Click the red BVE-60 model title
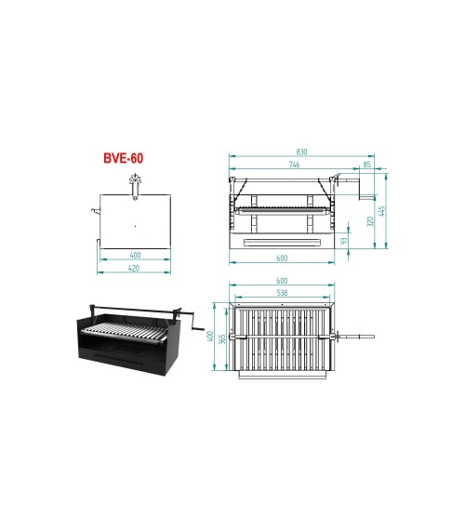[x=123, y=159]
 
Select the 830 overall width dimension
[x=301, y=152]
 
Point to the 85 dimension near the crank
[x=366, y=165]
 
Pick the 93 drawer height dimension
[x=345, y=240]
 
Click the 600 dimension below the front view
[x=282, y=258]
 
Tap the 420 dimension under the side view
[x=134, y=269]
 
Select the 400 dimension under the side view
[x=134, y=255]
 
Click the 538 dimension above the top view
[x=282, y=293]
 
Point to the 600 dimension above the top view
[x=282, y=280]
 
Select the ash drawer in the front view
[x=282, y=241]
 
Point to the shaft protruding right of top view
[x=357, y=335]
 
